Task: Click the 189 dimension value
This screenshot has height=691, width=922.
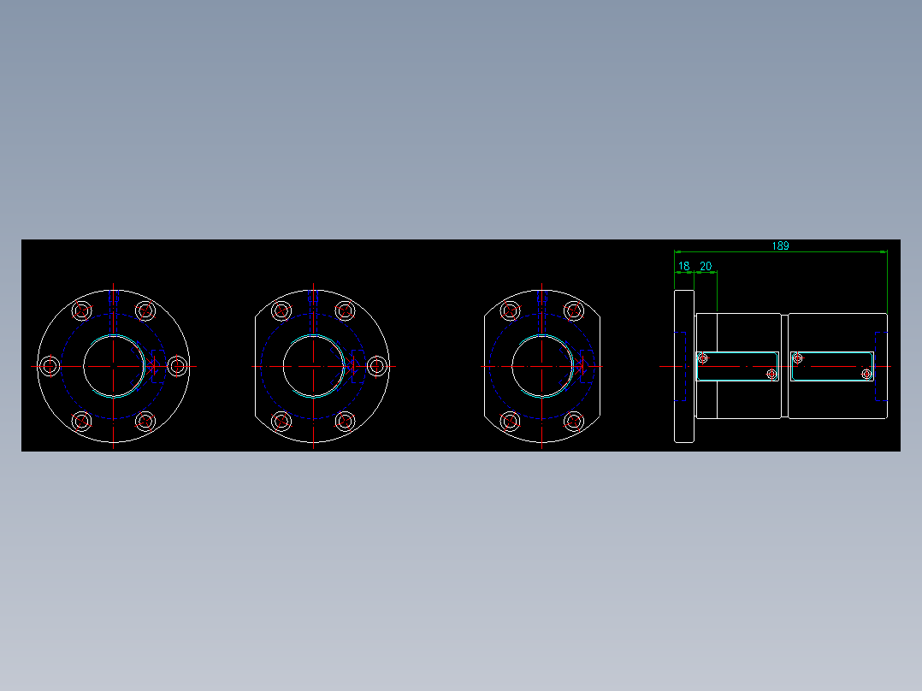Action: point(780,245)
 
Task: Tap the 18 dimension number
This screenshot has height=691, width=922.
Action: point(683,266)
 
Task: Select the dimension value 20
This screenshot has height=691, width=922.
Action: point(706,266)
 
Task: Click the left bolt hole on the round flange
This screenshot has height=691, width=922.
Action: point(50,366)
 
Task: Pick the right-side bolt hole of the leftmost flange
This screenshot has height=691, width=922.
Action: point(178,366)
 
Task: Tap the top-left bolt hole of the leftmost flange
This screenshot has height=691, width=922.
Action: point(82,310)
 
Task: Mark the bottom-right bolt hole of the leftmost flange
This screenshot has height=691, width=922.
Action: point(145,421)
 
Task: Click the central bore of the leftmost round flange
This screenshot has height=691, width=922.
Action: point(114,366)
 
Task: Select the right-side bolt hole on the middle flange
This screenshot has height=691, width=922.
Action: point(377,366)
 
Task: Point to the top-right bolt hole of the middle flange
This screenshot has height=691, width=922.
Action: point(345,310)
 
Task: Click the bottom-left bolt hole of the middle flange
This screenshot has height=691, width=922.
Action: point(281,421)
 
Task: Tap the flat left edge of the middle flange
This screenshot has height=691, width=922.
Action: point(255,366)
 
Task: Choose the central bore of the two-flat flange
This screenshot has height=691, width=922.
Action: point(542,366)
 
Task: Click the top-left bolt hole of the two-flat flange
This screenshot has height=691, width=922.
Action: point(511,310)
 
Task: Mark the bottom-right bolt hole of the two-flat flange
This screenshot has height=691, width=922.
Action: point(574,421)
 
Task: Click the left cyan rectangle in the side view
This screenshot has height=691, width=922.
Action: point(737,366)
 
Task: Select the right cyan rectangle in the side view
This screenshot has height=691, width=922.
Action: point(832,366)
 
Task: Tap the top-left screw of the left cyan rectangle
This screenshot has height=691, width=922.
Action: point(703,358)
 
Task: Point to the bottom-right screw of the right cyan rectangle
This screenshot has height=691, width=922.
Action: point(866,375)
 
